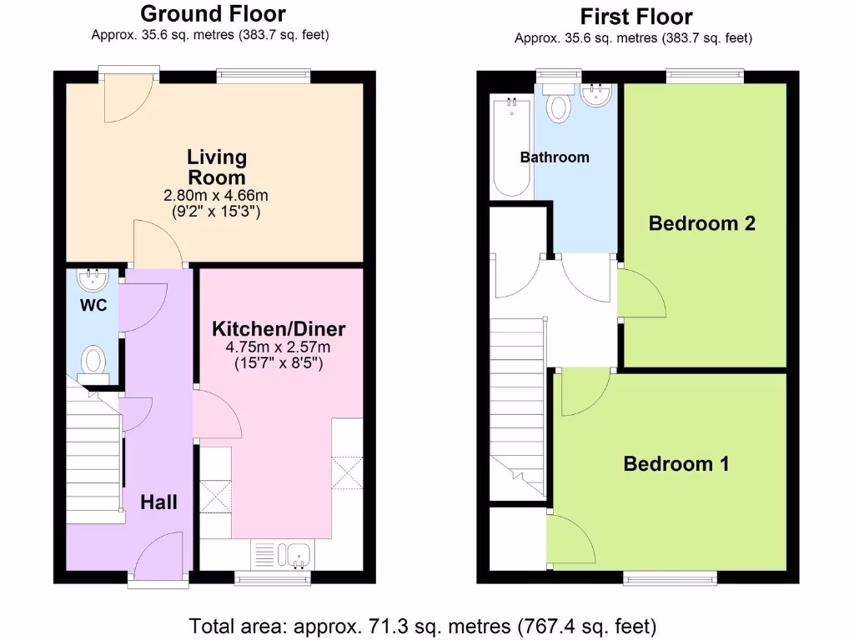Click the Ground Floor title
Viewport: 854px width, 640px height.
(x=213, y=14)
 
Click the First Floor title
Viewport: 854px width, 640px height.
(x=635, y=17)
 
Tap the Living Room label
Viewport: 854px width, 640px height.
(x=217, y=167)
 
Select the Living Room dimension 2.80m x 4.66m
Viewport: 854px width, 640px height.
(x=217, y=196)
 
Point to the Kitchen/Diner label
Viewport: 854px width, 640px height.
(x=279, y=327)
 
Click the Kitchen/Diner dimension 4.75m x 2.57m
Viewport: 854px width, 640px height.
(x=279, y=347)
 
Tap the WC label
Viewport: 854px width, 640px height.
(x=93, y=306)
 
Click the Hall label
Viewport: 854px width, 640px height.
(x=158, y=502)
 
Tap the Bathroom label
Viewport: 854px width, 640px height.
(x=555, y=157)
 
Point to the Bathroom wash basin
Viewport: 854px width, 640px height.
(x=596, y=95)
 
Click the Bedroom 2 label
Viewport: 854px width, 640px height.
(x=702, y=223)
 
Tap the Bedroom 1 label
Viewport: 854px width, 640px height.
(x=676, y=464)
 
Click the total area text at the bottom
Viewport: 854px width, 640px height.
(x=423, y=625)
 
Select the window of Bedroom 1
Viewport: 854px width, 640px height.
(x=671, y=577)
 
